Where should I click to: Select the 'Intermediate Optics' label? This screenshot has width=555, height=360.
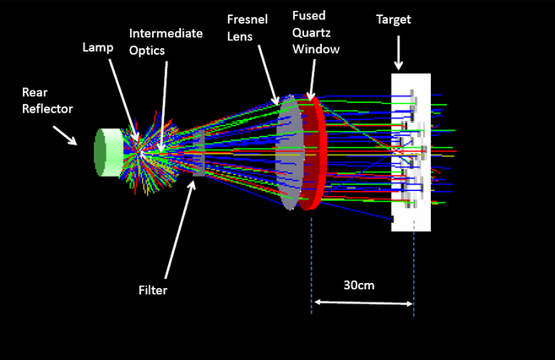[165, 40]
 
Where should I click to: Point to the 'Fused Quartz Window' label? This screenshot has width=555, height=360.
[316, 32]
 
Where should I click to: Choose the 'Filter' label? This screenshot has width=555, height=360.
[152, 290]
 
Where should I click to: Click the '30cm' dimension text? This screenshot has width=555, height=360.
[361, 285]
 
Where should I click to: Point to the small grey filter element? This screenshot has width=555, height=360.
[199, 153]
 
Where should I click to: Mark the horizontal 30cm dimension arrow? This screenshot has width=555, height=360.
[362, 303]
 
